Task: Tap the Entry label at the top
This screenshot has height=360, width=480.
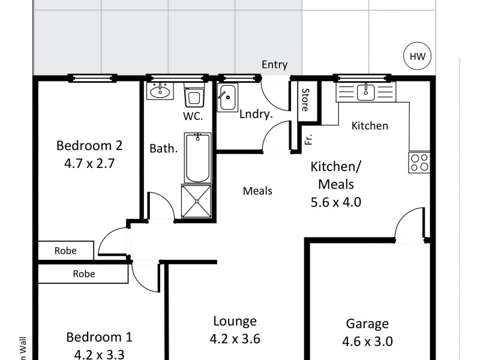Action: [x=274, y=65]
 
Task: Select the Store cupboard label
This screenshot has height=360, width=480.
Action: [x=305, y=100]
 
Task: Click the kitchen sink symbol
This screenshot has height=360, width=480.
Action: [x=365, y=92]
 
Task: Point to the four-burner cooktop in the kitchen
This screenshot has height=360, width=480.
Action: [x=419, y=163]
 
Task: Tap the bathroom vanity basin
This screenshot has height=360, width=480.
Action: [x=160, y=92]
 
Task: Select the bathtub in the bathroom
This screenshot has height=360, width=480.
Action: [x=197, y=158]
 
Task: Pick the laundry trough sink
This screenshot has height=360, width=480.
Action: [x=227, y=97]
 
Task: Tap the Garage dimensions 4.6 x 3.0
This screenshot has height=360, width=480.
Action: [x=367, y=342]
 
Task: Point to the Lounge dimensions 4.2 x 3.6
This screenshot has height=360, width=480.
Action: [x=235, y=339]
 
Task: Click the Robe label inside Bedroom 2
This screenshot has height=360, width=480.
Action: [x=65, y=251]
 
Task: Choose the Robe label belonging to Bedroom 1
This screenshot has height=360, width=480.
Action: [x=83, y=274]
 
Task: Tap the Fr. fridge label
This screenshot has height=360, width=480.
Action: [x=309, y=139]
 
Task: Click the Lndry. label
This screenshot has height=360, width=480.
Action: [x=253, y=114]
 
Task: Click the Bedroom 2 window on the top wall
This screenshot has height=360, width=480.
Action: [x=92, y=77]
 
